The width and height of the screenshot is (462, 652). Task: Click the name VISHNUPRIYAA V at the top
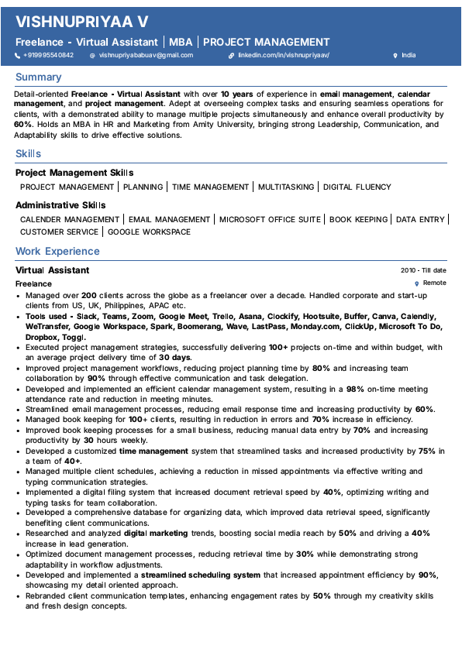[82, 22]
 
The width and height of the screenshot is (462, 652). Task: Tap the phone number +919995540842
[48, 56]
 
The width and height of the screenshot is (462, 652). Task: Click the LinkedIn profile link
[284, 56]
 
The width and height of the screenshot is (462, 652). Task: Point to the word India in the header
[409, 56]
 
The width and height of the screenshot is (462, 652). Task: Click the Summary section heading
[38, 77]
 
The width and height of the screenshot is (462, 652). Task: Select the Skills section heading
[29, 154]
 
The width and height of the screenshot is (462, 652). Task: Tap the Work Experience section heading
[57, 252]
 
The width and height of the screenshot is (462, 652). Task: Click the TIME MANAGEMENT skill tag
[211, 187]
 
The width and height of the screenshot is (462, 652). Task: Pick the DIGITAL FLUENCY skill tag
[357, 187]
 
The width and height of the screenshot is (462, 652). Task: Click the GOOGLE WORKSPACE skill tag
[149, 232]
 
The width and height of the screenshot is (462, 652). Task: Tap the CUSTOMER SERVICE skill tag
[59, 232]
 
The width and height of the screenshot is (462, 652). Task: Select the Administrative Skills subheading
[60, 206]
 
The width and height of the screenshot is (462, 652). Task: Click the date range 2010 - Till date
[423, 271]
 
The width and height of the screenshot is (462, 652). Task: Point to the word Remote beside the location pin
[434, 283]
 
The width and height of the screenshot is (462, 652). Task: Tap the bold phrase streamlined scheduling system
[200, 575]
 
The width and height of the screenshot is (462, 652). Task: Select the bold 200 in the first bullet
[88, 296]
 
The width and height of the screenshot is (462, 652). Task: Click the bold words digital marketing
[156, 534]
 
